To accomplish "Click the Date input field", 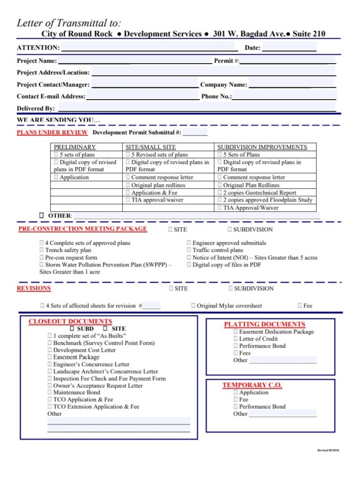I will coord(289,47).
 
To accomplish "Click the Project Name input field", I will coord(134,60).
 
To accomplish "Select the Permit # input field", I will coord(287,60).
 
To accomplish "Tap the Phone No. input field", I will coord(284,96).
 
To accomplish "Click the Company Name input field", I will coord(292,84).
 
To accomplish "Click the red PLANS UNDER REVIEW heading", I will coord(52,133).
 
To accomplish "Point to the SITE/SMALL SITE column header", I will coord(151,147).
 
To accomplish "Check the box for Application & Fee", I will coord(128,193).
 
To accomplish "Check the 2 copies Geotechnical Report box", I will coord(220,193).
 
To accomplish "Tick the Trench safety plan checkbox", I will coord(42,250).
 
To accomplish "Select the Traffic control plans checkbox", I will coord(189,250).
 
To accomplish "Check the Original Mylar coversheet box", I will coord(193,306).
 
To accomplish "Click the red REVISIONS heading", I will coord(34,288).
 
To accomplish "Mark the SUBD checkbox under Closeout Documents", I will coord(72,328).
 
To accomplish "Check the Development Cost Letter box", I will coord(50,350).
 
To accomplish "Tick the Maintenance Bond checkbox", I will coord(50,392).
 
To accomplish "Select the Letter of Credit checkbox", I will coord(236,339).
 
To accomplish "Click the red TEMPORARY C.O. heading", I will coord(252,385).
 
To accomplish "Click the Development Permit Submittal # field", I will coord(195,133).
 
